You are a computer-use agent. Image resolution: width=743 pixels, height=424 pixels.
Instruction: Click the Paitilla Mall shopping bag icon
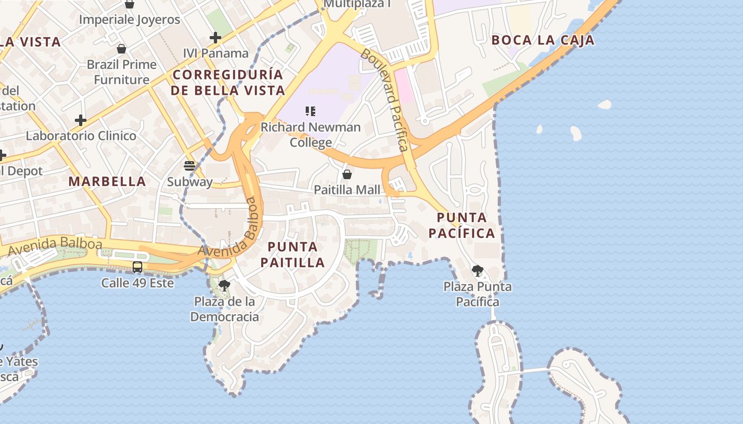[x=347, y=174]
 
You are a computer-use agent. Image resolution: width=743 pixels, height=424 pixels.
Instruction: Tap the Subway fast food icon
[x=189, y=165]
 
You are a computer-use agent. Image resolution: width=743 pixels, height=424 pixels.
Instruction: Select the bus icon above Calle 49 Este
[x=137, y=267]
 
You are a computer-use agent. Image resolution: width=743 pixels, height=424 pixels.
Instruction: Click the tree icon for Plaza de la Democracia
[x=224, y=286]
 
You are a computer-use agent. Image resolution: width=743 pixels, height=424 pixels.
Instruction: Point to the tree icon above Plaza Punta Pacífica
[x=478, y=271]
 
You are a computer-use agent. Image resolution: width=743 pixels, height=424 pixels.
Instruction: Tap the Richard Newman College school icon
[x=310, y=111]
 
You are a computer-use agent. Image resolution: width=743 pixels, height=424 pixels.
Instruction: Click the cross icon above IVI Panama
[x=215, y=38]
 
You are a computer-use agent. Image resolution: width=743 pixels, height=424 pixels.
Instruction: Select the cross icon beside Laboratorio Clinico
[x=81, y=120]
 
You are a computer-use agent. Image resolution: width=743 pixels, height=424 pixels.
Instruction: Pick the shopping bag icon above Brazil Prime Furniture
[x=122, y=49]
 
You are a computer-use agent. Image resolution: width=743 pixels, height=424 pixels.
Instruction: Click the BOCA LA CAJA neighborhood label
[x=542, y=40]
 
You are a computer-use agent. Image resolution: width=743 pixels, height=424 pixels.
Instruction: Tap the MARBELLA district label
[x=107, y=181]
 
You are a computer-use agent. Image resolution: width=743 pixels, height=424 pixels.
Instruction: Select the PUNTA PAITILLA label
[x=292, y=254]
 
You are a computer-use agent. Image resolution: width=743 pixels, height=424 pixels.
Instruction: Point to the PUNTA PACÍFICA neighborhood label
[x=461, y=225]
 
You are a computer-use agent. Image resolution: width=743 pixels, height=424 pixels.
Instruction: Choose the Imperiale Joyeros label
[x=129, y=20]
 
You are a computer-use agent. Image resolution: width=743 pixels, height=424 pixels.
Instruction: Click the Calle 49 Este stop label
[x=137, y=282]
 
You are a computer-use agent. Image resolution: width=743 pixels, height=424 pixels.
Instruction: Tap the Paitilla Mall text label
[x=347, y=190]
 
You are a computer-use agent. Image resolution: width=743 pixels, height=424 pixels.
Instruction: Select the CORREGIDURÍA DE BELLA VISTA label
[x=228, y=82]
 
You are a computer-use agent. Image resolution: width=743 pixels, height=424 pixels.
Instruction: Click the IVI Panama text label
[x=215, y=53]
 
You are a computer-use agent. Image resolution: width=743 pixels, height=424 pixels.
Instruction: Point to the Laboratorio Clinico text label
[x=81, y=136]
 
